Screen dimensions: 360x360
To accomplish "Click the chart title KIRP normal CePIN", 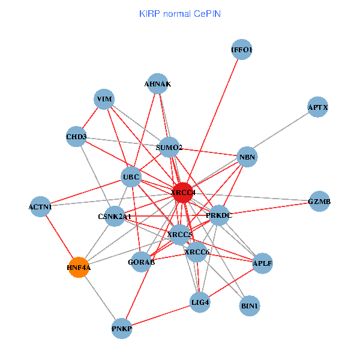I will pyautogui.click(x=179, y=13).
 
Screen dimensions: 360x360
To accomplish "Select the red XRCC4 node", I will pyautogui.click(x=184, y=192).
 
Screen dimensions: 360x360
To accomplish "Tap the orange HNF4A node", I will pyautogui.click(x=79, y=268).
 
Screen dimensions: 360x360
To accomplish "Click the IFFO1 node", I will pyautogui.click(x=241, y=50).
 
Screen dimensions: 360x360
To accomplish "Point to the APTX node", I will pyautogui.click(x=317, y=107).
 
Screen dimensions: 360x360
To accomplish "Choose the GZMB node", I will pyautogui.click(x=319, y=202).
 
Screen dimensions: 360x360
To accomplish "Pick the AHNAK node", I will pyautogui.click(x=157, y=85).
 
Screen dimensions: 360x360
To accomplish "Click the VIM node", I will pyautogui.click(x=104, y=99).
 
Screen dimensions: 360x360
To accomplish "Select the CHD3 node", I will pyautogui.click(x=77, y=137).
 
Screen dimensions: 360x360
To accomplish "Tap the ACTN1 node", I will pyautogui.click(x=40, y=207).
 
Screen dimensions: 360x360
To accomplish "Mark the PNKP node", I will pyautogui.click(x=122, y=328).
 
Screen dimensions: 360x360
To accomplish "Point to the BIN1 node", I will pyautogui.click(x=250, y=306).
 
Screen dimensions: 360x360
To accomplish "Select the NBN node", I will pyautogui.click(x=247, y=158).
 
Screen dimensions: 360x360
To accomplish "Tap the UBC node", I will pyautogui.click(x=131, y=176).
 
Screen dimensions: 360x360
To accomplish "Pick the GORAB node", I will pyautogui.click(x=140, y=262).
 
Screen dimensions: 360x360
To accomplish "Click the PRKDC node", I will pyautogui.click(x=218, y=215).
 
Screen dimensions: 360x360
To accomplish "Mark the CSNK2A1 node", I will pyautogui.click(x=115, y=216).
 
